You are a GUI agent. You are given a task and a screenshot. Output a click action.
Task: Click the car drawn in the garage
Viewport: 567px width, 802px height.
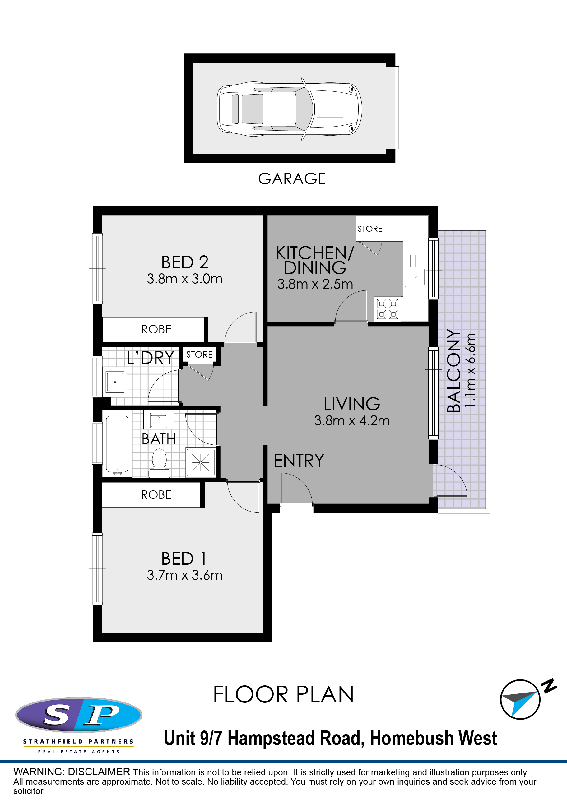(x=290, y=109)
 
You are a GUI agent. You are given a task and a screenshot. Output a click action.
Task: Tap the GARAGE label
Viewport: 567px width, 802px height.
(x=292, y=179)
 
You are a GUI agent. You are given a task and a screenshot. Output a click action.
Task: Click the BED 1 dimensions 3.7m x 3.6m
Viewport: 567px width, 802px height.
(x=184, y=575)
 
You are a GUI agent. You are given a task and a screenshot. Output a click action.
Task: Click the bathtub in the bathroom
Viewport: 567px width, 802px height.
(x=117, y=445)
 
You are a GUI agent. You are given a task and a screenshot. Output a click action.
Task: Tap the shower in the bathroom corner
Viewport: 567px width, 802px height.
(x=201, y=462)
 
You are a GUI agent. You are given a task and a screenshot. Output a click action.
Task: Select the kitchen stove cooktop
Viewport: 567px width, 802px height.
(x=388, y=309)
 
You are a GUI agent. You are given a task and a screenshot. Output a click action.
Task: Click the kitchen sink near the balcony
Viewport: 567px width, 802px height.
(x=416, y=270)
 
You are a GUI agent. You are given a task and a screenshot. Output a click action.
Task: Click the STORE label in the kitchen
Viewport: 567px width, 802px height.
(x=370, y=229)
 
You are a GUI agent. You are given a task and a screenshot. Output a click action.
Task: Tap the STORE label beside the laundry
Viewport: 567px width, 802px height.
(x=199, y=355)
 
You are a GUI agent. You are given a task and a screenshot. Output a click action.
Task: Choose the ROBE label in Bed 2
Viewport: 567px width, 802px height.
(x=156, y=329)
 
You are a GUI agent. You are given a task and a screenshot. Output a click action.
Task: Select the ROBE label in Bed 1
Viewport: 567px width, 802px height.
(x=156, y=495)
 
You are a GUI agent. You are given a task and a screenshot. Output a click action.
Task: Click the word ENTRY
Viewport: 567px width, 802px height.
(x=299, y=461)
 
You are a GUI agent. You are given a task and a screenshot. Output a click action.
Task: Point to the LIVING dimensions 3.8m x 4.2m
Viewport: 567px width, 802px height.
(x=352, y=420)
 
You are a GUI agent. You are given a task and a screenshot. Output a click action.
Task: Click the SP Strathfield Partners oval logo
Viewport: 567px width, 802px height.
(x=79, y=715)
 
